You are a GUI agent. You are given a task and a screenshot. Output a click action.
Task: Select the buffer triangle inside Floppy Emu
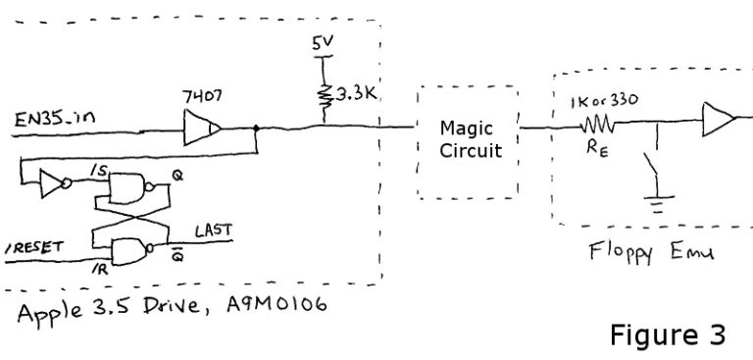point(718,123)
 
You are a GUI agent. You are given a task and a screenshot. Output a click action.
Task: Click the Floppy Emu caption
point(651,252)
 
